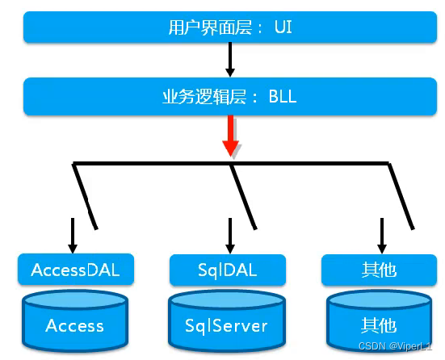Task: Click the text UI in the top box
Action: coord(283,27)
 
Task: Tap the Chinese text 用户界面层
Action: coord(210,27)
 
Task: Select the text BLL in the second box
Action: coord(283,96)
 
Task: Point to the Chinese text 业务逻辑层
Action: coord(204,97)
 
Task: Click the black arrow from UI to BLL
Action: coord(230,60)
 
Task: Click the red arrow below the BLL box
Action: coord(231,136)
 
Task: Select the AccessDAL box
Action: coord(76,270)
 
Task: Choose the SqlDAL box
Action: coord(228,270)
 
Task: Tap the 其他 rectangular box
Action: coord(379,270)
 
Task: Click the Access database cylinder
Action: coord(75,321)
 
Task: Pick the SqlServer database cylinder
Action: coord(226,321)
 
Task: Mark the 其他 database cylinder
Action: coord(379,321)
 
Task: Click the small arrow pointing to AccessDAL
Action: coord(73,236)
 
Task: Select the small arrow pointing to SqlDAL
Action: coord(230,236)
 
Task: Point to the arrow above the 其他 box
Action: coord(382,236)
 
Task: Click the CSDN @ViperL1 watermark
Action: coord(395,346)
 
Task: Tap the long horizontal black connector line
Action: coord(231,163)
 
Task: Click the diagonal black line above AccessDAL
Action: coord(85,196)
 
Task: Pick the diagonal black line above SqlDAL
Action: coord(244,196)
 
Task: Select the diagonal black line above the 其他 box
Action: coord(401,196)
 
